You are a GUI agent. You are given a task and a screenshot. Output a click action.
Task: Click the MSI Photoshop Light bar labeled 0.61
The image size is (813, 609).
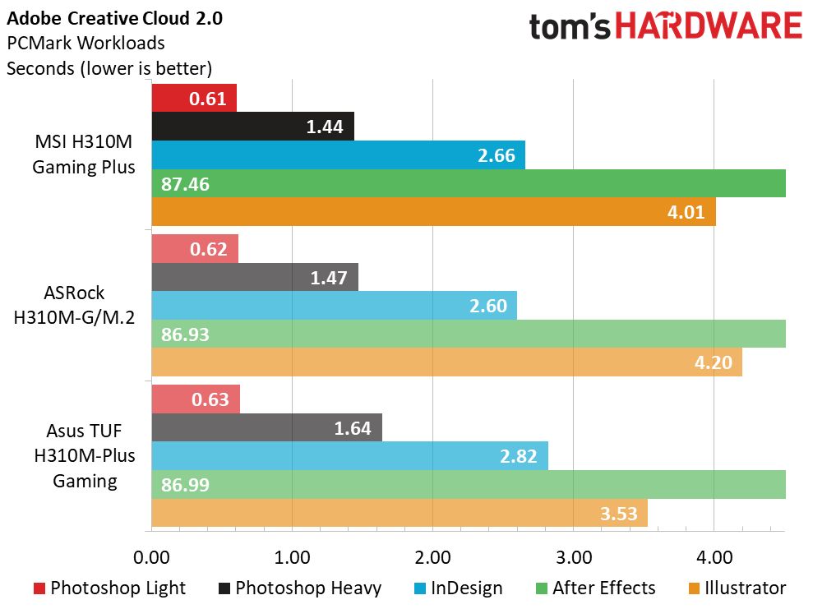click(194, 99)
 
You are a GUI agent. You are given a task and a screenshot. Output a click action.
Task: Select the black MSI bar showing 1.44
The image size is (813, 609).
click(252, 127)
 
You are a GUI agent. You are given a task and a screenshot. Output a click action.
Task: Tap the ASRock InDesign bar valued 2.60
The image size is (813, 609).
click(334, 306)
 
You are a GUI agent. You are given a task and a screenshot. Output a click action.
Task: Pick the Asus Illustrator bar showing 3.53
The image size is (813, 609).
click(400, 512)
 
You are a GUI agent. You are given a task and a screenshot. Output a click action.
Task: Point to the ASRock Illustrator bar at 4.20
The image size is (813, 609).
click(446, 362)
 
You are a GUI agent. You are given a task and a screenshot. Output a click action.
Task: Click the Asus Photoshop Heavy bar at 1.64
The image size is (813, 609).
click(266, 428)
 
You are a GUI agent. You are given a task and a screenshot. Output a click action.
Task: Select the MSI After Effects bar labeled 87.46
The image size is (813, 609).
click(469, 183)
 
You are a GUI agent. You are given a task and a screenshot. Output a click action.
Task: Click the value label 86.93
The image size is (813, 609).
click(187, 334)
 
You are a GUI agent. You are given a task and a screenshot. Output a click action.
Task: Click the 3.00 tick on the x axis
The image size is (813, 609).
click(574, 557)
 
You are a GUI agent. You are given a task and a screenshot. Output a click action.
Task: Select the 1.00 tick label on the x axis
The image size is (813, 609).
click(292, 557)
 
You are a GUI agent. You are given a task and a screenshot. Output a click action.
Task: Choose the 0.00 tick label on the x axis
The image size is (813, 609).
click(151, 557)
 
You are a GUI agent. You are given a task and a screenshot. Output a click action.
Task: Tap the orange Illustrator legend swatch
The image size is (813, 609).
click(692, 588)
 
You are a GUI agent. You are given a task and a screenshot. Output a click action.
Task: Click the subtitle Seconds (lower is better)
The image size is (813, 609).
click(109, 67)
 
